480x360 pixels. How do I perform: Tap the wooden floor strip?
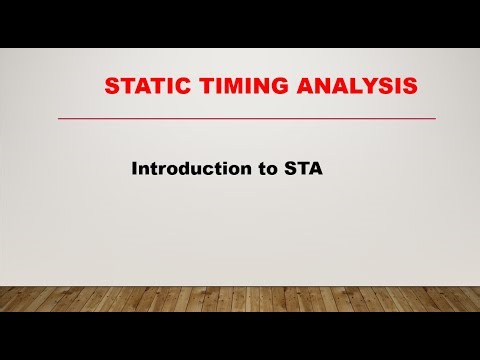pyautogui.click(x=240, y=299)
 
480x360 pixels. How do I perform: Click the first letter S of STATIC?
pyautogui.click(x=112, y=88)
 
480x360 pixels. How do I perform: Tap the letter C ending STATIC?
pyautogui.click(x=181, y=88)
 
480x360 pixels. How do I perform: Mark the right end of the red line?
pyautogui.click(x=434, y=119)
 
